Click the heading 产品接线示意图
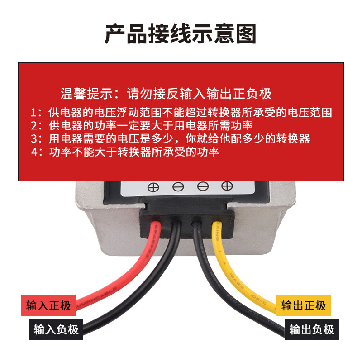coord(181,34)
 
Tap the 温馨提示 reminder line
coord(166,94)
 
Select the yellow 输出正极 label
coord(303,305)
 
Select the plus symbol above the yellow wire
coord(227,186)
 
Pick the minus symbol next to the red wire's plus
coord(178,186)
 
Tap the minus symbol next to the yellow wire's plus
coord(203,186)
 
